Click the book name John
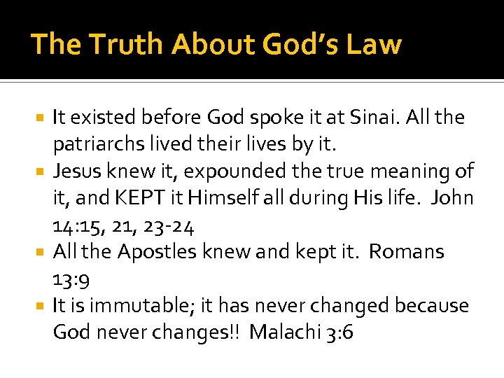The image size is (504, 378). (452, 198)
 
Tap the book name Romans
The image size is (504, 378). (406, 252)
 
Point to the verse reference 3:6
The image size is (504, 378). (339, 332)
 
